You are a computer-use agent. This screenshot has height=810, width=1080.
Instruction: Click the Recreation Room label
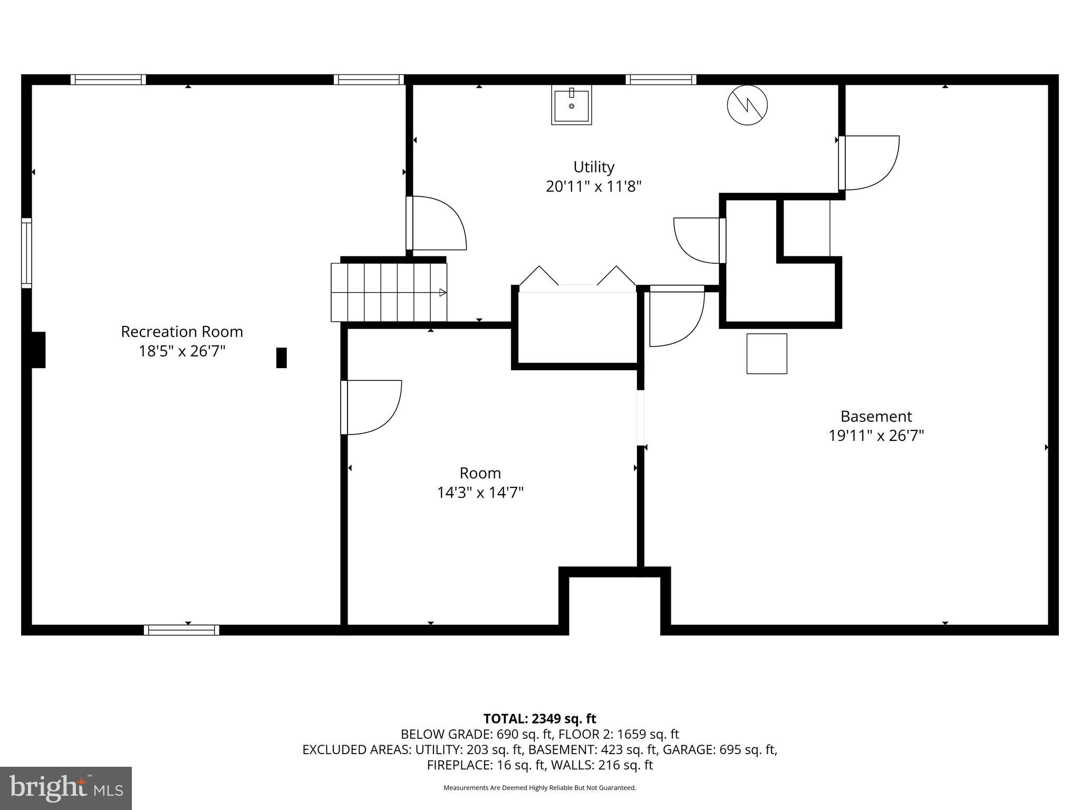[182, 332]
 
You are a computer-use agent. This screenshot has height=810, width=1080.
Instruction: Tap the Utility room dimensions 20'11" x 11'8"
[593, 187]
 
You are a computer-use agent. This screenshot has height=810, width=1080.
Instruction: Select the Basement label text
[875, 417]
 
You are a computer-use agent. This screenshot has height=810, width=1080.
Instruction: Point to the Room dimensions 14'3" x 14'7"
[480, 493]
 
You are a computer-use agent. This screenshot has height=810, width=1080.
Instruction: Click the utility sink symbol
[571, 105]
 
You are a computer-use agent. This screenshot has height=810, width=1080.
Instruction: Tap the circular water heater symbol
[747, 105]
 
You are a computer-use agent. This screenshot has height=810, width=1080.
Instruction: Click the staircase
[389, 292]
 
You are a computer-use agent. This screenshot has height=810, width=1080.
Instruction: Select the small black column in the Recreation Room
[282, 358]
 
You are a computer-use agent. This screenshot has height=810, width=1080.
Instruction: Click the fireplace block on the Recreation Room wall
[38, 350]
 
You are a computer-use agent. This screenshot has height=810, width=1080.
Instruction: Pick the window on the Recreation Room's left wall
[26, 253]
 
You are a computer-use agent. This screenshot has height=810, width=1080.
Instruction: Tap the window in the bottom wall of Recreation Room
[181, 630]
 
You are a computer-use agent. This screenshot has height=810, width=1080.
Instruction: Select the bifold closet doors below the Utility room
[577, 277]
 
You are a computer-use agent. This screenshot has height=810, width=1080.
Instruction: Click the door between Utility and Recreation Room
[436, 223]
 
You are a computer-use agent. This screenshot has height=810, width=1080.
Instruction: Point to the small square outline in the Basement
[766, 353]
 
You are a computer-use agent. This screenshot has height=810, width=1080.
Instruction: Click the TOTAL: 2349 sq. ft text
[539, 719]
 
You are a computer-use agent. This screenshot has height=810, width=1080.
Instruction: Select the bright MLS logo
[66, 788]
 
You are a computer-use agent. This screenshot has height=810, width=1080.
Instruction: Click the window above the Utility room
[661, 80]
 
